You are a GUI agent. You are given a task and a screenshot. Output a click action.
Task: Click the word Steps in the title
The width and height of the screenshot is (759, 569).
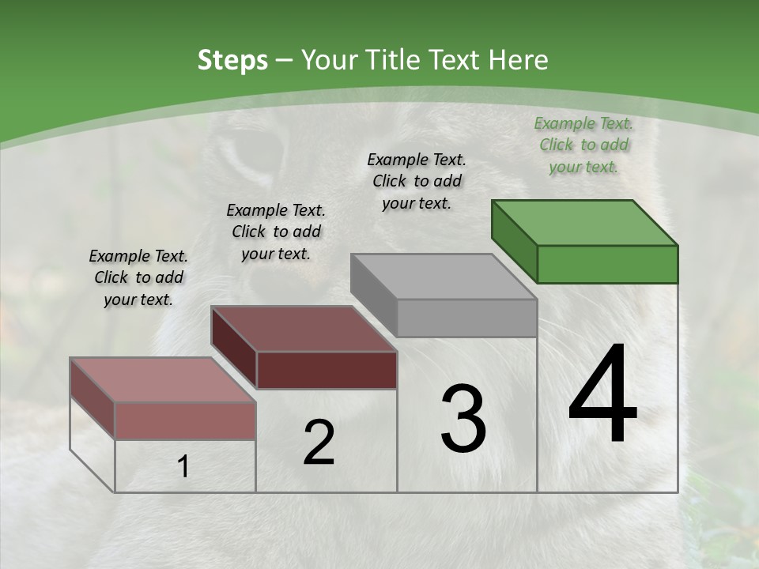click(232, 60)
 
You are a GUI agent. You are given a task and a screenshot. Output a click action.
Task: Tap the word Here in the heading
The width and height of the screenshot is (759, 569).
click(519, 60)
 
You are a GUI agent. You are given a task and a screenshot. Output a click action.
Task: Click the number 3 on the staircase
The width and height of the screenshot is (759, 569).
click(463, 419)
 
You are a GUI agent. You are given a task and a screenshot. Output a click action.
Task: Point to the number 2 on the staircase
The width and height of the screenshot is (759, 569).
click(319, 443)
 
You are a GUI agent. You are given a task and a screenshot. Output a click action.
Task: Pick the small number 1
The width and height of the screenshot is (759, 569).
click(183, 467)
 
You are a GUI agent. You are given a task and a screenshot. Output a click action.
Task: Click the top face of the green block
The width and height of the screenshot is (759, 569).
click(585, 222)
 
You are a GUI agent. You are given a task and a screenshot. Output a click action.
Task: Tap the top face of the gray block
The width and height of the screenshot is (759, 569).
click(444, 276)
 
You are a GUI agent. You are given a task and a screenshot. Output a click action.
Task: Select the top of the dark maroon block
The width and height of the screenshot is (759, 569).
click(304, 328)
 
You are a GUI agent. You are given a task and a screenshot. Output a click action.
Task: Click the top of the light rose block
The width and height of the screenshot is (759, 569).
click(163, 379)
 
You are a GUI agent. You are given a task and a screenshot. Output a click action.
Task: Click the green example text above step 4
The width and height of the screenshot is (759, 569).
click(583, 145)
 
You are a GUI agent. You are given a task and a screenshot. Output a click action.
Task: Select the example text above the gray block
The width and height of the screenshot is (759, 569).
click(417, 181)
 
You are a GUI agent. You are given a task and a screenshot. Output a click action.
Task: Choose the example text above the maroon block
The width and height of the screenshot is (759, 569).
click(276, 232)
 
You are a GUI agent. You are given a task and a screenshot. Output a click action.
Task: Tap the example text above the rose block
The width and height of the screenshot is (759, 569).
click(138, 277)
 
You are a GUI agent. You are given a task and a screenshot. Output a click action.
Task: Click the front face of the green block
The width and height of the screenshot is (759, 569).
click(607, 264)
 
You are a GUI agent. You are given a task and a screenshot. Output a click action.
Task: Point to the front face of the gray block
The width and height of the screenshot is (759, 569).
click(466, 318)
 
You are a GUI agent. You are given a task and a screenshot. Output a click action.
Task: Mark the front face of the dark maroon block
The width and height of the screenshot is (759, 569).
click(327, 370)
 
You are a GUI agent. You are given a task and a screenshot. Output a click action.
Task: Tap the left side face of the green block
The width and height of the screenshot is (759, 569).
click(514, 241)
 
